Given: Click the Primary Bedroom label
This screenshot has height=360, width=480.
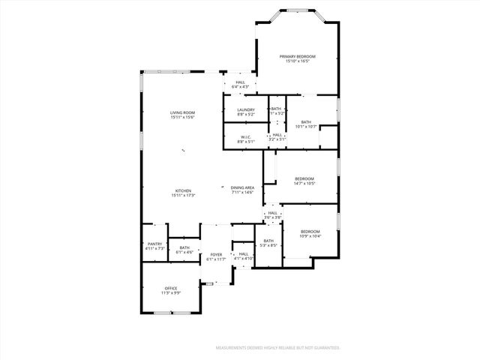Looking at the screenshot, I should (298, 56).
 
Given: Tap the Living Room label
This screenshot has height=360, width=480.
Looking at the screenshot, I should (182, 112).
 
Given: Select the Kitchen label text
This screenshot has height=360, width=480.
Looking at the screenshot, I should (183, 190).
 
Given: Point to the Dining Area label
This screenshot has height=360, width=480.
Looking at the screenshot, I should (242, 187).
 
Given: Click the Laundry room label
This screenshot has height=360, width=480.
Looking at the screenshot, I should (246, 110).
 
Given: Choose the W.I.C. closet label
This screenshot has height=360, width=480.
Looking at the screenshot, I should (246, 136).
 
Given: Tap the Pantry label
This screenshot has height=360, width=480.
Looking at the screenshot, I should (154, 244).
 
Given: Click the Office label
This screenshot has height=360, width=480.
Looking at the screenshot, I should (171, 288).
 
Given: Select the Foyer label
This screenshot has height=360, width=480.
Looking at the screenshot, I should (216, 255).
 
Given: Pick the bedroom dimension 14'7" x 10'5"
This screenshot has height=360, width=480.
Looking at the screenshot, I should (304, 183).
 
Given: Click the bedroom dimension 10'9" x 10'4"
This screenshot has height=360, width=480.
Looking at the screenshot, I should (310, 236).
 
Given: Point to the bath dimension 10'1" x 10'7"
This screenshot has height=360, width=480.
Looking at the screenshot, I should (306, 126).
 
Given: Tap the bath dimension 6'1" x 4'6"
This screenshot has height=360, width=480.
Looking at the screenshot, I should (184, 252).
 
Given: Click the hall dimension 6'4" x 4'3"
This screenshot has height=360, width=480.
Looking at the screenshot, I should (240, 87).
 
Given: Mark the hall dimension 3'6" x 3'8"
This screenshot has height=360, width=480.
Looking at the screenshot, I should (273, 217).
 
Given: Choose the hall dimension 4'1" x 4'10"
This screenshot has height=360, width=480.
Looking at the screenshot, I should (244, 259).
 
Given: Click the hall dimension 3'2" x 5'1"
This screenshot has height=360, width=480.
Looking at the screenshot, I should (277, 139).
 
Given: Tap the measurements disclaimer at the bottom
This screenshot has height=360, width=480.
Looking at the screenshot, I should (278, 348).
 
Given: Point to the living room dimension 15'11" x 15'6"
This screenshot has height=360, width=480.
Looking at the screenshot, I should (182, 117).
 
